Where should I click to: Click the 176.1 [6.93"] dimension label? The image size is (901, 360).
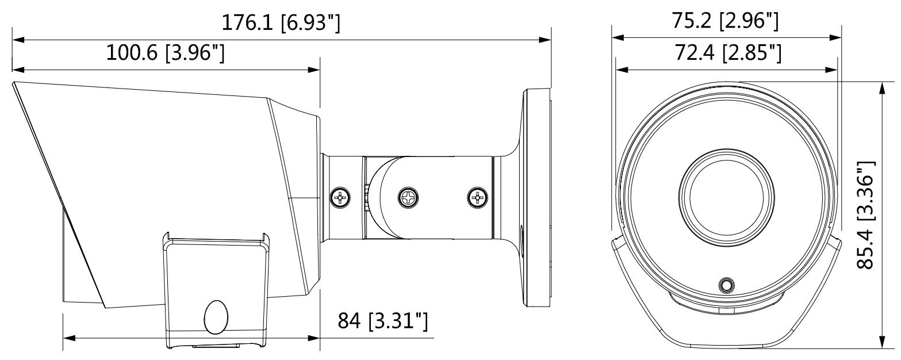pyautogui.click(x=281, y=23)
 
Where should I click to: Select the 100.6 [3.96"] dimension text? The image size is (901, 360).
pyautogui.click(x=165, y=53)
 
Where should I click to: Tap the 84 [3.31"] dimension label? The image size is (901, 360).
pyautogui.click(x=382, y=320)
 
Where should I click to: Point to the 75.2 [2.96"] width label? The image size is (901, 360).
pyautogui.click(x=726, y=21)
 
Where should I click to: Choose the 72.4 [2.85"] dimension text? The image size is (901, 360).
pyautogui.click(x=728, y=53)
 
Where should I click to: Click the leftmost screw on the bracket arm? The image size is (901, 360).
pyautogui.click(x=340, y=197)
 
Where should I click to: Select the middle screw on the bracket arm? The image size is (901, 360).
pyautogui.click(x=408, y=197)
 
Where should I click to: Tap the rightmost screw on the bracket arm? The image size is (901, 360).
pyautogui.click(x=477, y=197)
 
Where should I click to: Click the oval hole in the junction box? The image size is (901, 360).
pyautogui.click(x=216, y=317)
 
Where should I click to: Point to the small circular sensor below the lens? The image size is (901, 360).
pyautogui.click(x=726, y=285)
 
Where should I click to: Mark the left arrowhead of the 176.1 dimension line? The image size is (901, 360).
pyautogui.click(x=18, y=40)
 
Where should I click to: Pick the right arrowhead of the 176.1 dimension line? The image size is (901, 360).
pyautogui.click(x=545, y=40)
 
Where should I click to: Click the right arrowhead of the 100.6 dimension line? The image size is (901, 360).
pyautogui.click(x=314, y=70)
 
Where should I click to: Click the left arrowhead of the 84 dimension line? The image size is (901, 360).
pyautogui.click(x=70, y=338)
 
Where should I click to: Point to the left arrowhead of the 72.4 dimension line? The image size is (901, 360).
pyautogui.click(x=622, y=70)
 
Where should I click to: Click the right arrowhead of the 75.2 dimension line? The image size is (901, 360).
pyautogui.click(x=835, y=37)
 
